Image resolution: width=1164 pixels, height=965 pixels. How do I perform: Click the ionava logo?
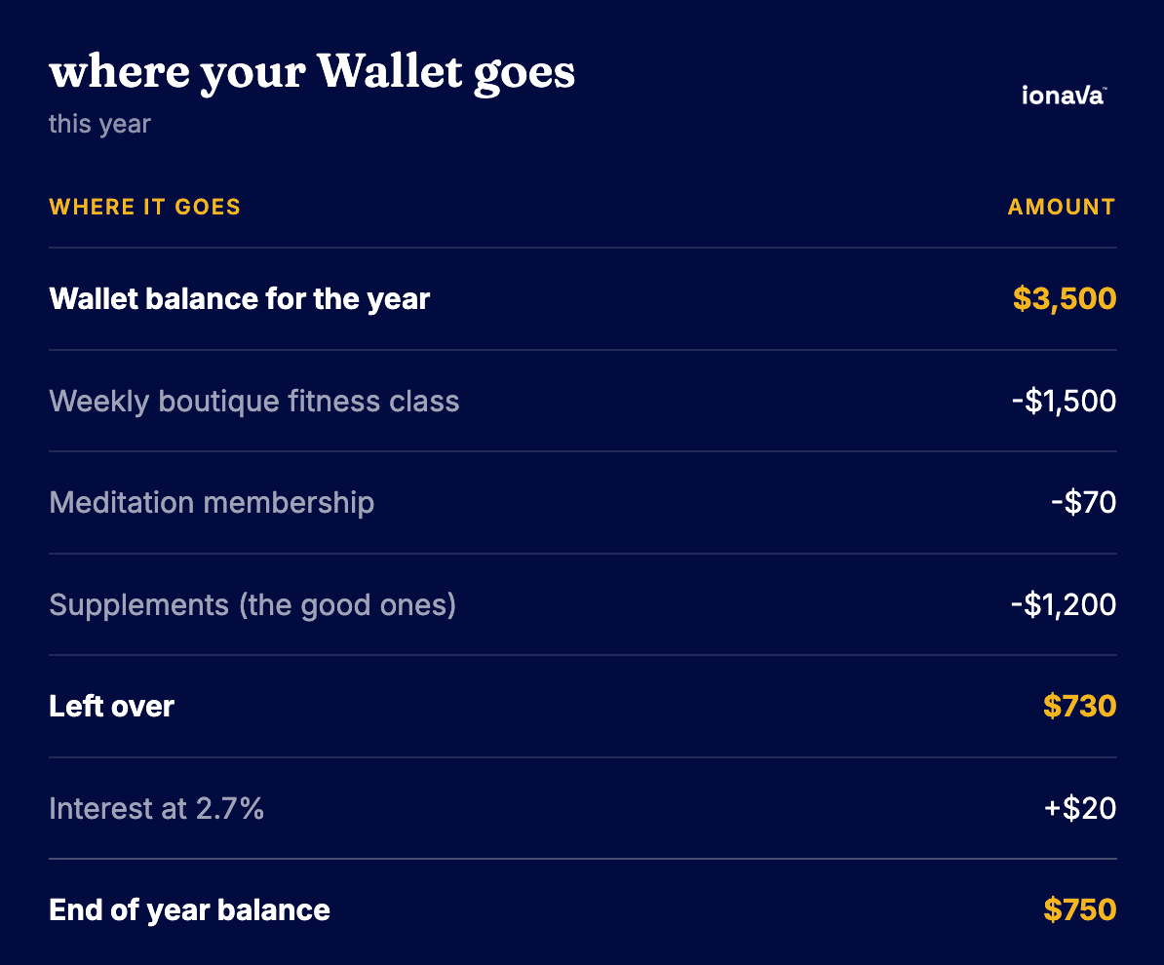(x=1064, y=95)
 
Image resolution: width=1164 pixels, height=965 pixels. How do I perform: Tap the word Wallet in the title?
(x=390, y=71)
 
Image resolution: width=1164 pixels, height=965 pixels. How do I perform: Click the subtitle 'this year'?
(x=99, y=124)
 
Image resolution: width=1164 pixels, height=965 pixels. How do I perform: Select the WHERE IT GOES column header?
(x=144, y=207)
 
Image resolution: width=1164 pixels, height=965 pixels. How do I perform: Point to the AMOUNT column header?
(x=1062, y=207)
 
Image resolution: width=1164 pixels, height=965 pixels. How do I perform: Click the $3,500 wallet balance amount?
(x=1065, y=298)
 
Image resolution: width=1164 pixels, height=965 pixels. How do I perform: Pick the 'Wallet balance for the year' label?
(x=239, y=299)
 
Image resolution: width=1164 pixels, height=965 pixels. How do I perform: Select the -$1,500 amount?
(x=1064, y=401)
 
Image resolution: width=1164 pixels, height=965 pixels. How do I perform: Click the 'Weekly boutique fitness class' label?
(x=253, y=402)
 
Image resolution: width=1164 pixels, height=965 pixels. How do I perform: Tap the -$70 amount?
(x=1084, y=503)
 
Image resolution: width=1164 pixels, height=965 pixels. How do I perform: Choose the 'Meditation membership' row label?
(x=212, y=503)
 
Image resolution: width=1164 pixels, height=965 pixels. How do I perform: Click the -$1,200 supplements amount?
(x=1064, y=604)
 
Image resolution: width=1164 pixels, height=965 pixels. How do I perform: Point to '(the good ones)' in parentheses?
(x=347, y=605)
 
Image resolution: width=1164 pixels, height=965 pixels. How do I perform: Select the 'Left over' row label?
(x=111, y=706)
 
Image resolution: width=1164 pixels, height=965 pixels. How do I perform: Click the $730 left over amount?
(x=1079, y=706)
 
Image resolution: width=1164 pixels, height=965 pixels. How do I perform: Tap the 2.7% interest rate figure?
(x=229, y=808)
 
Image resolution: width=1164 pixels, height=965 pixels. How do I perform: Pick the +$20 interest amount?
(x=1080, y=808)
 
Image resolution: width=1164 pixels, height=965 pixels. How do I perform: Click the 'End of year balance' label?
(x=189, y=910)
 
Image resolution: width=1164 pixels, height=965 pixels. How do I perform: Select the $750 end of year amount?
(x=1080, y=909)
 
